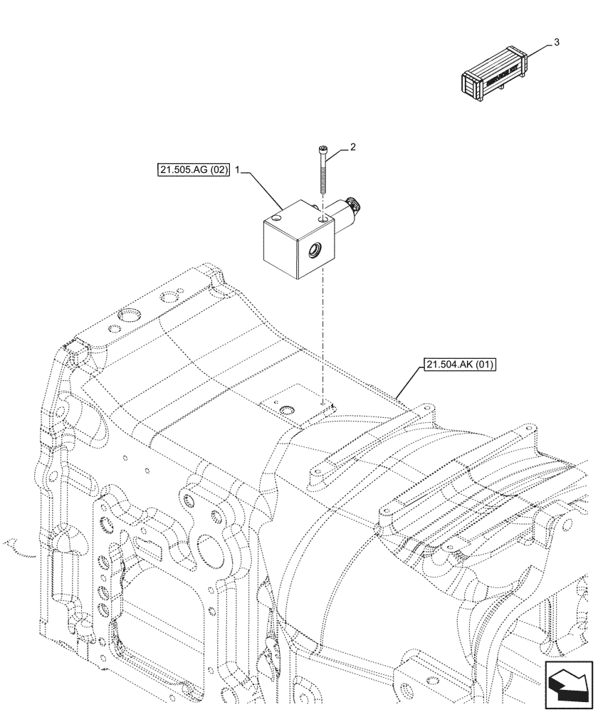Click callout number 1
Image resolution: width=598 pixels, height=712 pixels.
coord(238,172)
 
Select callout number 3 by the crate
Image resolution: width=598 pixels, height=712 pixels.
coord(556,42)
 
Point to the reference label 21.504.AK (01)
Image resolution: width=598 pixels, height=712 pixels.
coord(461,365)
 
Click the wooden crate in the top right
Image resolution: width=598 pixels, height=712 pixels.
coord(496,73)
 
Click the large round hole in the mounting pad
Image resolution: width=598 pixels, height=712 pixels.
coord(287,411)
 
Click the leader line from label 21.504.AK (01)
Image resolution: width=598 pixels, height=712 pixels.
coord(409,382)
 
